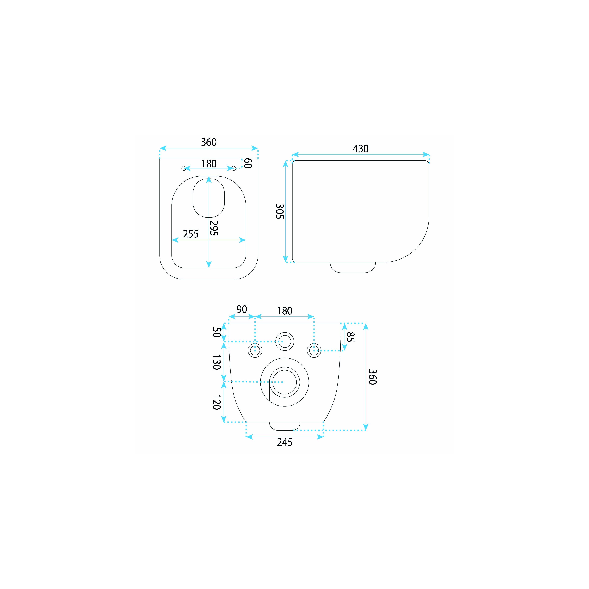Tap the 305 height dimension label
coord(280,211)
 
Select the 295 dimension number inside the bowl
coord(214,228)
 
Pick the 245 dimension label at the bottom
coord(284,442)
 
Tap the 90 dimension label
coord(242,309)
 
